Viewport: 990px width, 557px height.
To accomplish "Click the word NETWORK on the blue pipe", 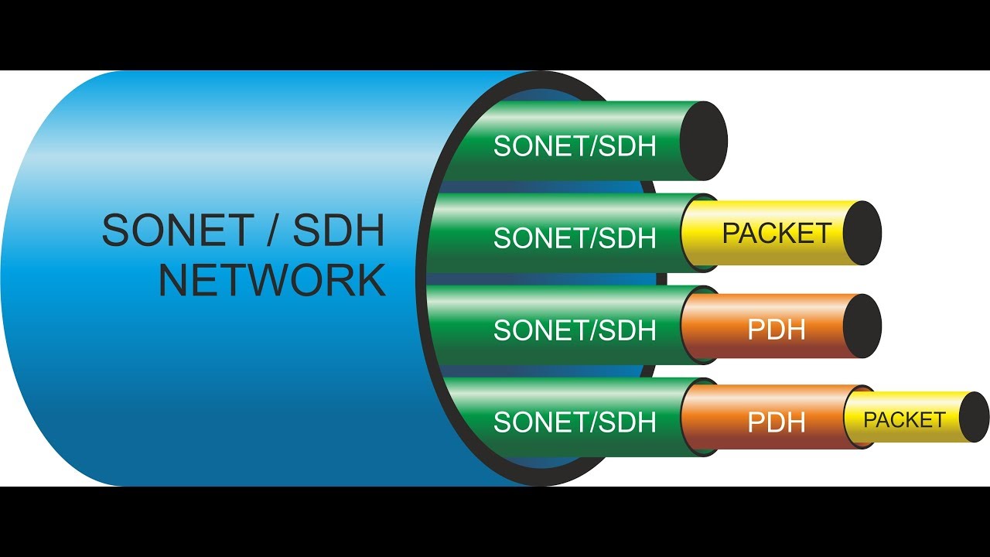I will click(272, 280).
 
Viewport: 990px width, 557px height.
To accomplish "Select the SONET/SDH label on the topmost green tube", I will click(575, 146).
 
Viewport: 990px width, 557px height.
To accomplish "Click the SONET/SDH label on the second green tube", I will click(575, 238).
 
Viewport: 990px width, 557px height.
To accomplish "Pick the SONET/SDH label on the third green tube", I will click(575, 330).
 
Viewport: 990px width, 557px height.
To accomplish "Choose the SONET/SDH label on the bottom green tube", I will click(575, 422).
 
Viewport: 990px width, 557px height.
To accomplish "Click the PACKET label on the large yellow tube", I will click(777, 233).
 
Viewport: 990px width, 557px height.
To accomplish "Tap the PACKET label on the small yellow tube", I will click(904, 420).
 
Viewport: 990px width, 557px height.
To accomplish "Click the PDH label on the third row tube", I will click(777, 330).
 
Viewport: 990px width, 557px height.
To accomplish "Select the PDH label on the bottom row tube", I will click(777, 422).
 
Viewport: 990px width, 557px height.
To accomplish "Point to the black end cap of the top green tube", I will click(704, 141).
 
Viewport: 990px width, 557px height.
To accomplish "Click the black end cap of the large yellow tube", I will click(862, 233).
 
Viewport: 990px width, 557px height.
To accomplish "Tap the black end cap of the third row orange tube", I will click(862, 326).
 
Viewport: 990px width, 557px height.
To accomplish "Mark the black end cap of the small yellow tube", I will click(974, 417).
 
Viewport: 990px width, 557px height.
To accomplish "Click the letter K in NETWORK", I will click(369, 280).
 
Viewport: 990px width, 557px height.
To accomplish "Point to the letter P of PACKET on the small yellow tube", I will click(869, 420).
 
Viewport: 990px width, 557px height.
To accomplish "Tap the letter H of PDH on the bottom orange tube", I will click(795, 422).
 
